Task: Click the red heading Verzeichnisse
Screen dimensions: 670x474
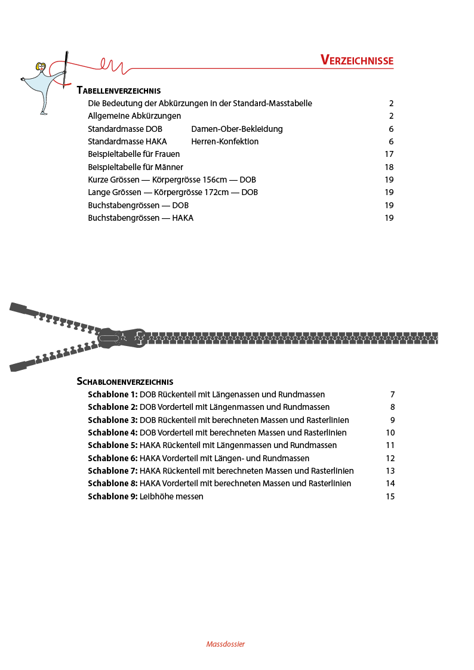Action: (x=356, y=60)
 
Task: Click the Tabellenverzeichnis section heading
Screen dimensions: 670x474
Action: (x=119, y=91)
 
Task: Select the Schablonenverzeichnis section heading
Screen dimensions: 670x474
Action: (x=125, y=381)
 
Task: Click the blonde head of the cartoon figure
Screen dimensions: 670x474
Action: (x=41, y=67)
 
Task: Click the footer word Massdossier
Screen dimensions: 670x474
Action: (x=226, y=644)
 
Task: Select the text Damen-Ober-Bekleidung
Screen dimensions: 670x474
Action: (x=237, y=129)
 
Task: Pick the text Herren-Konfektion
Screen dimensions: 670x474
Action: (x=225, y=141)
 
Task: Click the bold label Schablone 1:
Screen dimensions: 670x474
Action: (x=112, y=394)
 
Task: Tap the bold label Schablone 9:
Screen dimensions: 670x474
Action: (x=112, y=496)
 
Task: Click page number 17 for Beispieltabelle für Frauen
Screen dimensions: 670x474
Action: (x=389, y=154)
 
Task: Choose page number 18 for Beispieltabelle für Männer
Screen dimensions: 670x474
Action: (x=389, y=167)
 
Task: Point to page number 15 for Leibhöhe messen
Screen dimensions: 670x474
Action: (x=390, y=496)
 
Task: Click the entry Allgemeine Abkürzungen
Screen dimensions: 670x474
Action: (x=134, y=116)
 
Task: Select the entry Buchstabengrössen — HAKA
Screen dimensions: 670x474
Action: (x=140, y=218)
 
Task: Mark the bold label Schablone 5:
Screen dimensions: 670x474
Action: (x=112, y=445)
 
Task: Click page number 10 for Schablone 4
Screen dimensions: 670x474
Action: (x=390, y=433)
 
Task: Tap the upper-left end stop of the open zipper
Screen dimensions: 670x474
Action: (x=18, y=308)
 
